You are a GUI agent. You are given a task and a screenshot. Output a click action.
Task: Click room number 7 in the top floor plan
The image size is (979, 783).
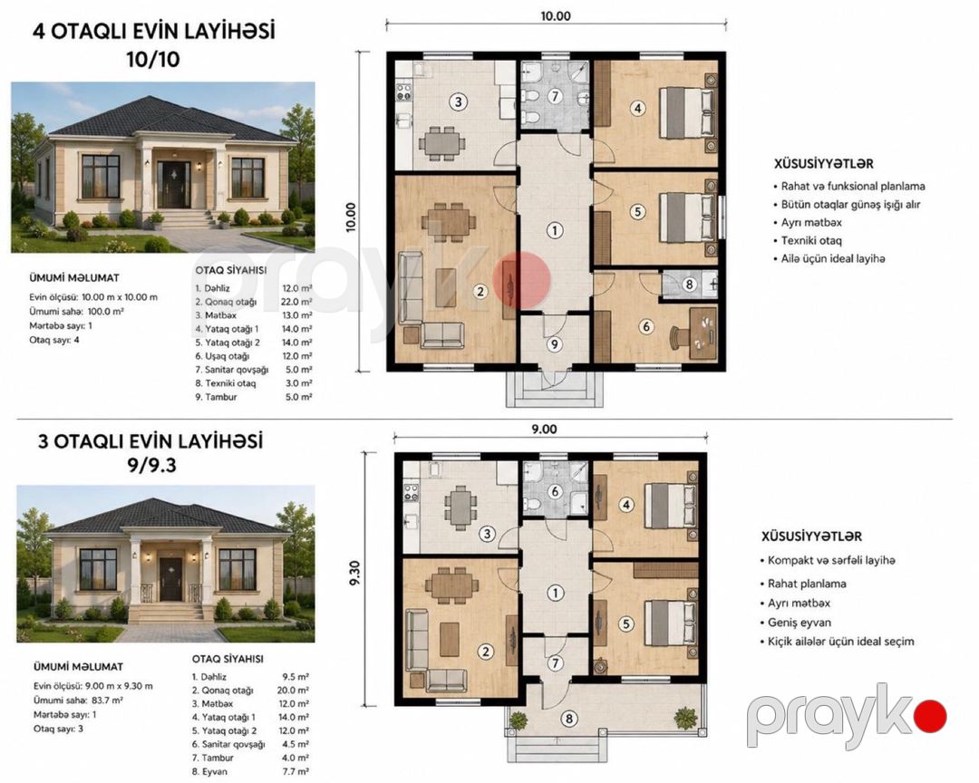[555, 96]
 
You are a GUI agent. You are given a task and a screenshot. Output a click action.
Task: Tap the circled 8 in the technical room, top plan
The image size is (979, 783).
[689, 285]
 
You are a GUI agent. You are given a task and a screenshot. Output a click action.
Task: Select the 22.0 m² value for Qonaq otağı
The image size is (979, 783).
[298, 302]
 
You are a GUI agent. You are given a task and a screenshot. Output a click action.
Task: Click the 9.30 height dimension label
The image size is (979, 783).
[354, 572]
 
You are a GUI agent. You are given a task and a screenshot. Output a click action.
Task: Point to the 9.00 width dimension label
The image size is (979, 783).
[544, 430]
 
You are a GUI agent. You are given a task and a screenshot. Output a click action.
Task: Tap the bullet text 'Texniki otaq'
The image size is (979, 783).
[811, 240]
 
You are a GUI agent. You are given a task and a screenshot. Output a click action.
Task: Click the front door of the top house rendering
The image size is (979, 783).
[173, 184]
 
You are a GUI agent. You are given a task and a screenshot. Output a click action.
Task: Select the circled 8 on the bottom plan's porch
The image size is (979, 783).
[568, 719]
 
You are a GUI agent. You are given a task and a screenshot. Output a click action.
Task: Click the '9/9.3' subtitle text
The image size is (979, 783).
[150, 465]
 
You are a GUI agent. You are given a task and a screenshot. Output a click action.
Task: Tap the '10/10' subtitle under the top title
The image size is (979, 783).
[153, 59]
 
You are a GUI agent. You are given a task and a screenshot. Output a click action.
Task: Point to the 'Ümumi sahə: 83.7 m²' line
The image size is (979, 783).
[78, 701]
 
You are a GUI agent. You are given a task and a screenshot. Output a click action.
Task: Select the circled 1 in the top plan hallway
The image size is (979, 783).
[555, 230]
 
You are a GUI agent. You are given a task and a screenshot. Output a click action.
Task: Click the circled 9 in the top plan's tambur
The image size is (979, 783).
[554, 344]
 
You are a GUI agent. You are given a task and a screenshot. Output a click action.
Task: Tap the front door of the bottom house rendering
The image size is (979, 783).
[170, 579]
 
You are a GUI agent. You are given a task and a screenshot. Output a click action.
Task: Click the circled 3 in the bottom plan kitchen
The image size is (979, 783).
[487, 534]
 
